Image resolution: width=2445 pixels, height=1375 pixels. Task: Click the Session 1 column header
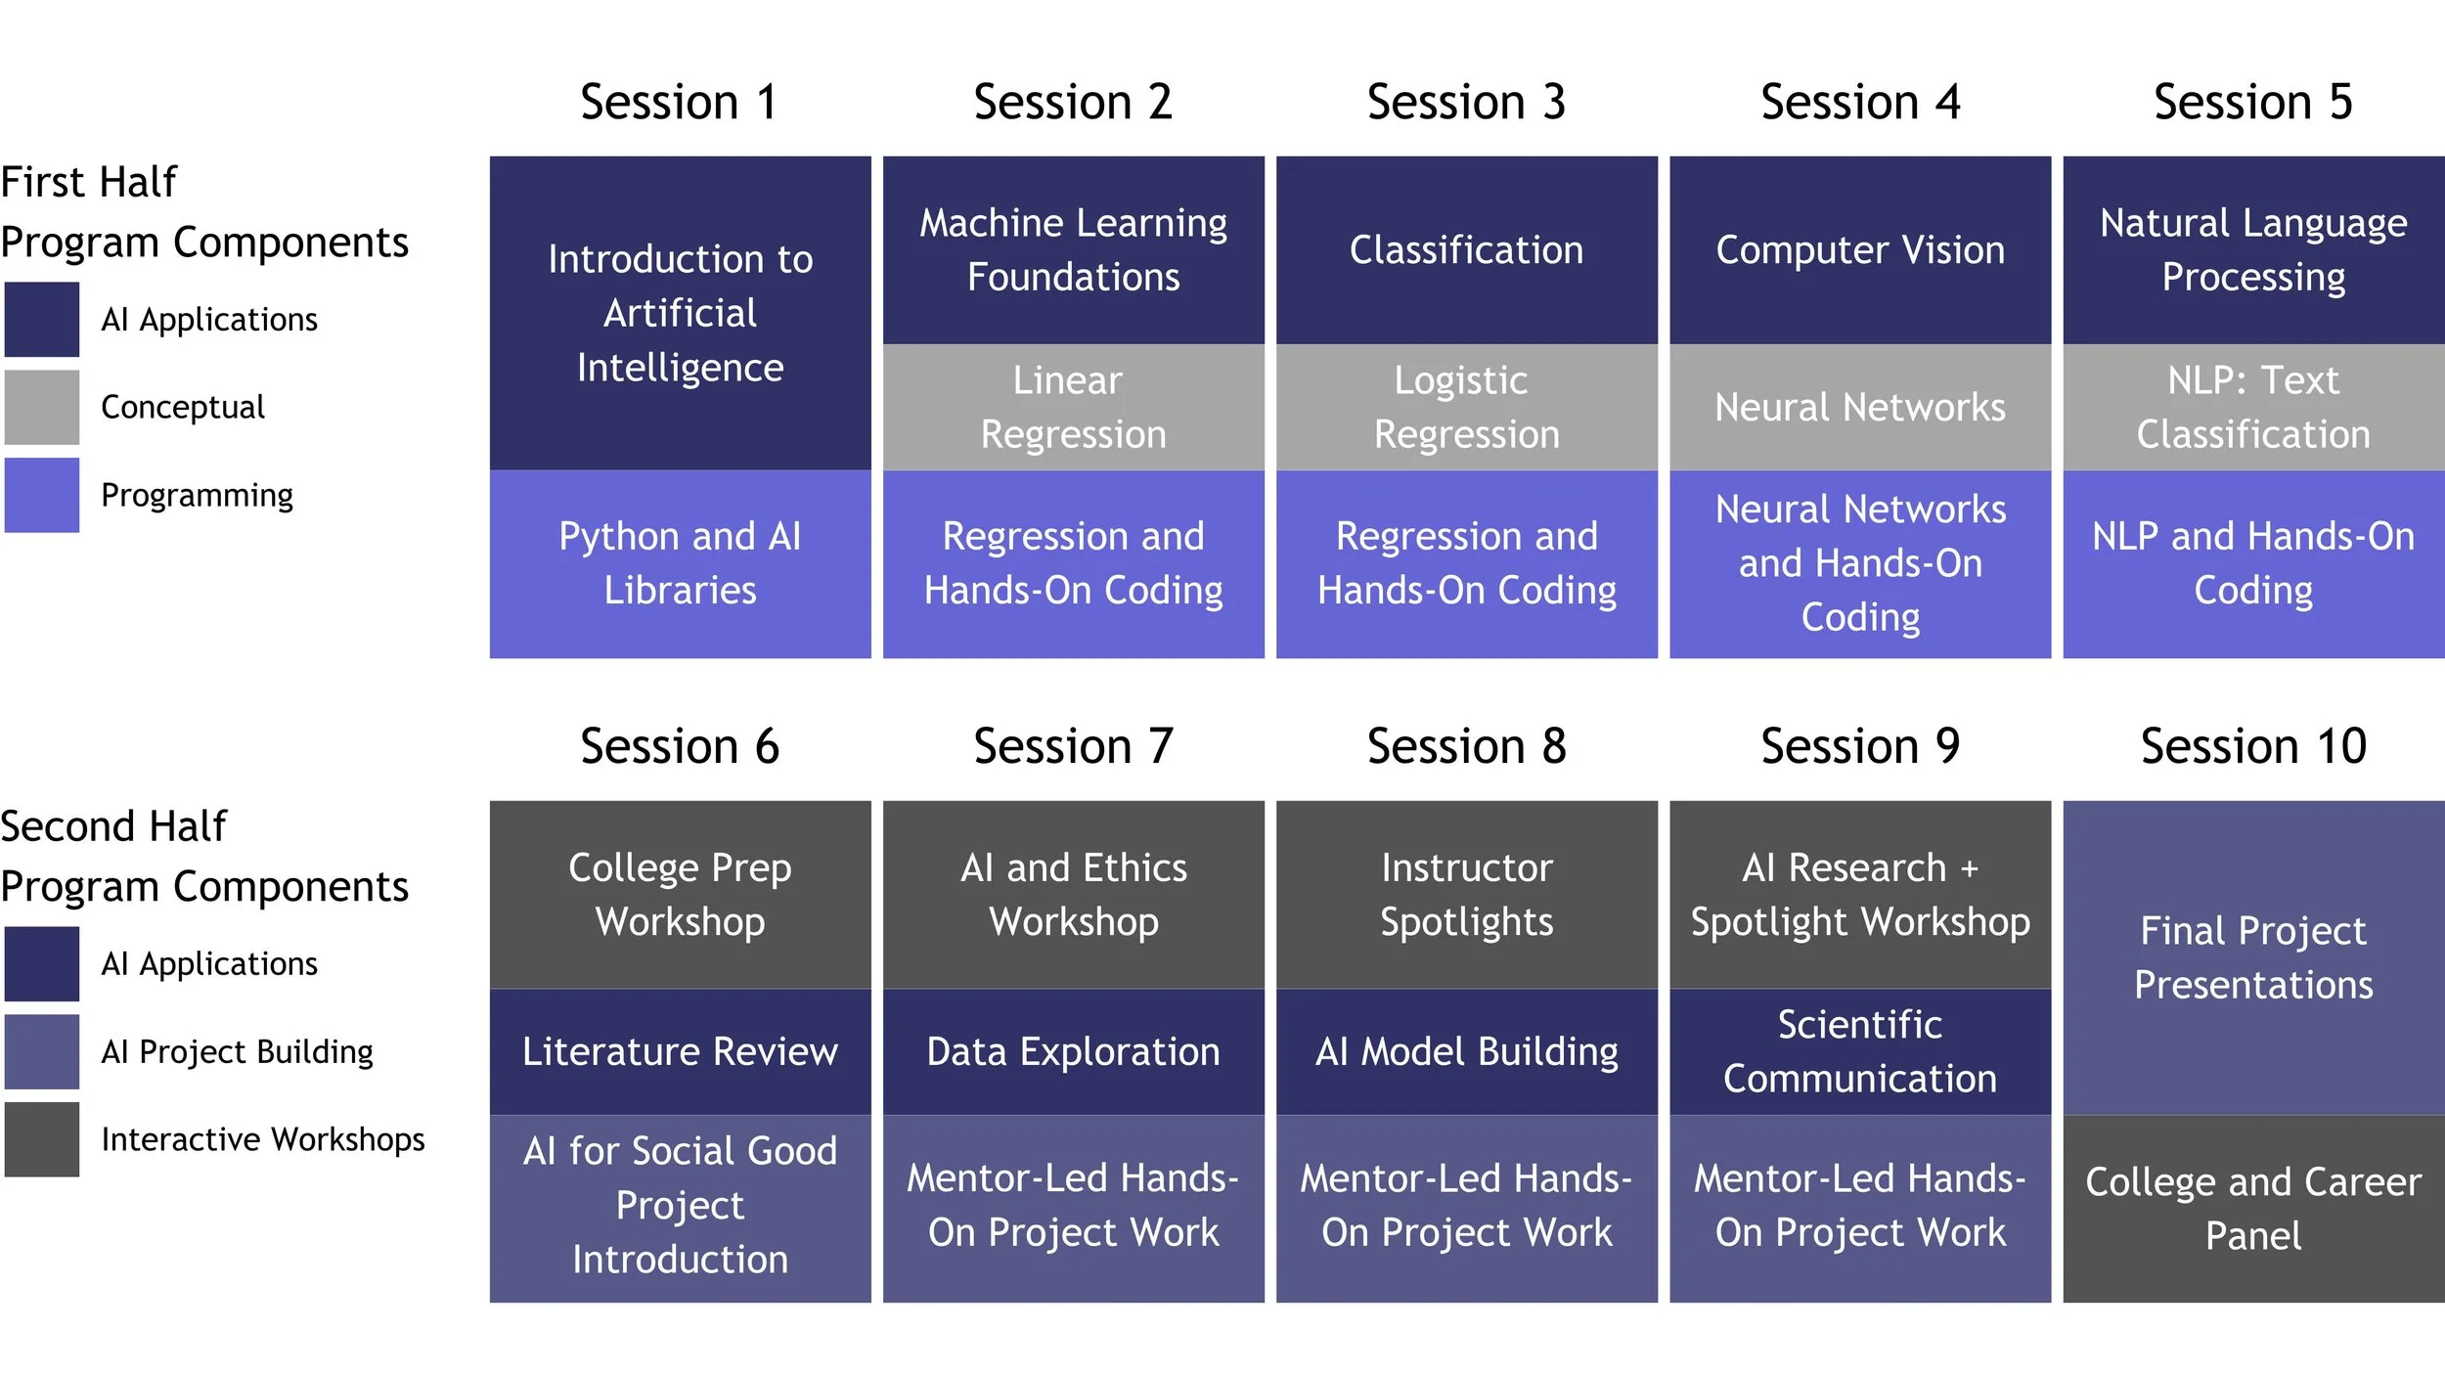pyautogui.click(x=680, y=103)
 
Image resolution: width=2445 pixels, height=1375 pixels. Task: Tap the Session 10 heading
pyautogui.click(x=2252, y=747)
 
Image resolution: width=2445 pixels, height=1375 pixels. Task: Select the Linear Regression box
pyautogui.click(x=1073, y=407)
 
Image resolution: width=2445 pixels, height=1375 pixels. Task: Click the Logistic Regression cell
pyautogui.click(x=1466, y=407)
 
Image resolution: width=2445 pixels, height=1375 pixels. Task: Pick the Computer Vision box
pyautogui.click(x=1859, y=250)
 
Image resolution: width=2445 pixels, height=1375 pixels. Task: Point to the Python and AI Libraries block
pyautogui.click(x=680, y=563)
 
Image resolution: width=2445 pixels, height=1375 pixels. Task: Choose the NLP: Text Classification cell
pyautogui.click(x=2252, y=407)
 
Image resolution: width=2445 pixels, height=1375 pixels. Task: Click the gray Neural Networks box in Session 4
pyautogui.click(x=1859, y=407)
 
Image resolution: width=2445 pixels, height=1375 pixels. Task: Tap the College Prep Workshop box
pyautogui.click(x=680, y=894)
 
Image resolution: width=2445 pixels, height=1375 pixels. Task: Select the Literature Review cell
pyautogui.click(x=680, y=1051)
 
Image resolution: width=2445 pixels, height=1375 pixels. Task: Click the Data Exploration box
pyautogui.click(x=1073, y=1051)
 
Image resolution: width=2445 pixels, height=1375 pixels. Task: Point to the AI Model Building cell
pyautogui.click(x=1466, y=1051)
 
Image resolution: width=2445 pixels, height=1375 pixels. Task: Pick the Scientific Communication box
pyautogui.click(x=1859, y=1051)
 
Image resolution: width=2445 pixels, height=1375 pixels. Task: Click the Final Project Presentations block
pyautogui.click(x=2252, y=957)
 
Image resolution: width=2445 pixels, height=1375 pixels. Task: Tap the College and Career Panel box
pyautogui.click(x=2252, y=1209)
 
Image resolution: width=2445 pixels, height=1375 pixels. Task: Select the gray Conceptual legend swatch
pyautogui.click(x=41, y=407)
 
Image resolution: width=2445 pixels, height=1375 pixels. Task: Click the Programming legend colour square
pyautogui.click(x=41, y=495)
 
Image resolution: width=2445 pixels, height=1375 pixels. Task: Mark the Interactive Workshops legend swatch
pyautogui.click(x=41, y=1139)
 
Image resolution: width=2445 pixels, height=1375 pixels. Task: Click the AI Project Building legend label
pyautogui.click(x=237, y=1051)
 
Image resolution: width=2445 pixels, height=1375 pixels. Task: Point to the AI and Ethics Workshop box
pyautogui.click(x=1073, y=894)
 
